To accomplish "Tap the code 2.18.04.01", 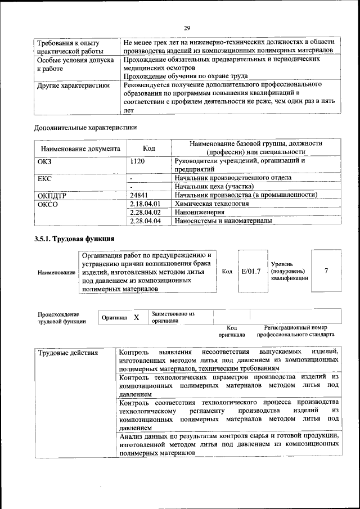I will pos(145,204).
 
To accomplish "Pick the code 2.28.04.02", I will pos(145,213).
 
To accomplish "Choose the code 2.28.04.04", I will pos(145,221).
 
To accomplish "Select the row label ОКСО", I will pos(47,204).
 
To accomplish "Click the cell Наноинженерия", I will pos(200,213).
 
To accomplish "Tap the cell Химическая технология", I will pos(211,204).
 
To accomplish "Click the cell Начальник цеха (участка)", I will pos(214,186).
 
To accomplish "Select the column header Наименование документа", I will pos(80,149).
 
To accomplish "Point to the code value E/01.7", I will pos(250,272).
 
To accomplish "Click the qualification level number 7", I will pos(326,272).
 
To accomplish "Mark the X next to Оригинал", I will pos(136,318).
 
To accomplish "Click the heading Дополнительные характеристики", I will pos(85,128).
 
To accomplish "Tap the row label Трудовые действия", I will pos(68,353).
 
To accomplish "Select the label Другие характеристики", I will pos(73,86).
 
